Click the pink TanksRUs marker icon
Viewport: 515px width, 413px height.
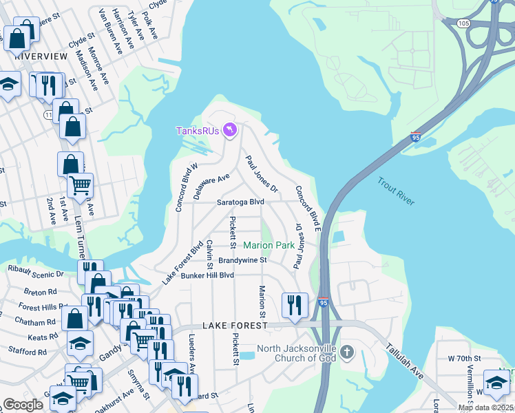(231, 129)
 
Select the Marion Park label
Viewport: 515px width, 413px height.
(269, 245)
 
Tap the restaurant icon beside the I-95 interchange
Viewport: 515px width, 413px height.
(295, 304)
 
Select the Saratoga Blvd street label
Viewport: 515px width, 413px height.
(240, 202)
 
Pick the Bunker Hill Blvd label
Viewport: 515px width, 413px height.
(207, 275)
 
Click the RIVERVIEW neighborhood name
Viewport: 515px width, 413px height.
(41, 56)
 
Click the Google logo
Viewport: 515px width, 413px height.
(23, 405)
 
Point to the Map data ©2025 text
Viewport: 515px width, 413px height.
(485, 407)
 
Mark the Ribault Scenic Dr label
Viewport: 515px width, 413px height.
(35, 273)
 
